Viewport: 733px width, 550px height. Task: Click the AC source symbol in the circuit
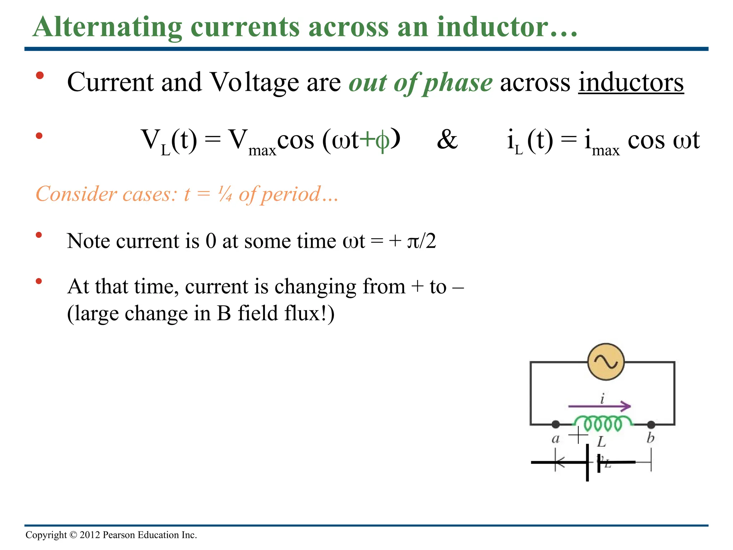tap(606, 362)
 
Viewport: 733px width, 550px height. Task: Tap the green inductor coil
tap(603, 423)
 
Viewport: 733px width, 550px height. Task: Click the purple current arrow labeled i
tap(599, 406)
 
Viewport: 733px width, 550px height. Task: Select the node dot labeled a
tap(555, 425)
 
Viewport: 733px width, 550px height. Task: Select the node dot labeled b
tap(651, 425)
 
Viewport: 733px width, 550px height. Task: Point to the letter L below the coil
tap(601, 442)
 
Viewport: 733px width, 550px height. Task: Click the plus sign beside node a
tap(578, 435)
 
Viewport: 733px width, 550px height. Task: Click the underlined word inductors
tap(631, 83)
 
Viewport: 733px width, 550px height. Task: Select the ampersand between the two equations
tap(447, 140)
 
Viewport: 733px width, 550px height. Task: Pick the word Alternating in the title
tap(107, 27)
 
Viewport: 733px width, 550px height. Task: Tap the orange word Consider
tap(76, 194)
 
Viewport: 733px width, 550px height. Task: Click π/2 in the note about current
tap(422, 241)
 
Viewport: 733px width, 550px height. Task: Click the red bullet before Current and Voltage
tap(40, 76)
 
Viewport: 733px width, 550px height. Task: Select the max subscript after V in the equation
tap(262, 150)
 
